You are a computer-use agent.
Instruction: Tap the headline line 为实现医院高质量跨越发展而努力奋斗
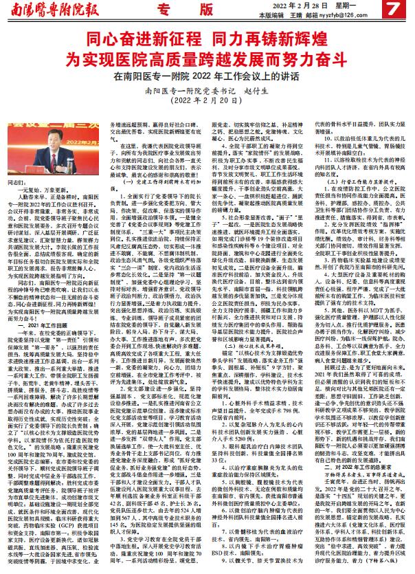[207, 58]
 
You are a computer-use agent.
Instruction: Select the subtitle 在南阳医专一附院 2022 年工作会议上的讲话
[207, 76]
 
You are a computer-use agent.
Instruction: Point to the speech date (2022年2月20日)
[207, 101]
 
